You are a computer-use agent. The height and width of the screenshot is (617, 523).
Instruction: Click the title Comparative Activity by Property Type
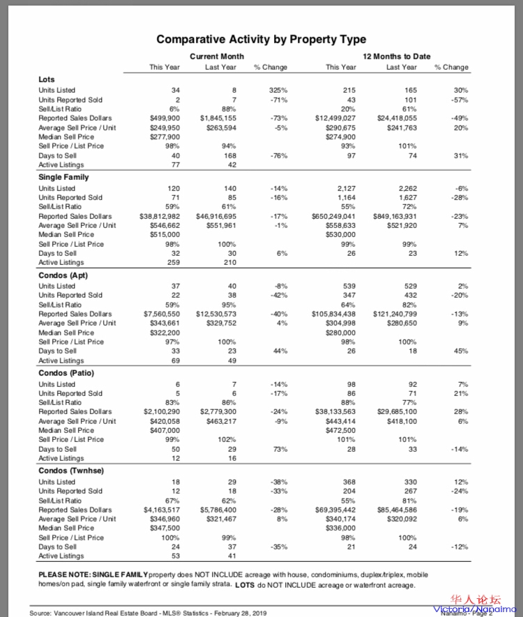pos(261,40)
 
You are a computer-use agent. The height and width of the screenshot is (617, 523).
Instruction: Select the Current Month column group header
pos(217,56)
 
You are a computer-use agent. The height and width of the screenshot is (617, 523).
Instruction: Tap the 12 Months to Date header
pos(396,56)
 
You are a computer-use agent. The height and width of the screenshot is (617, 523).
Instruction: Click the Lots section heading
pos(46,79)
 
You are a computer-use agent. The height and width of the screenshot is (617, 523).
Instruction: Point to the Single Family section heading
pos(63,177)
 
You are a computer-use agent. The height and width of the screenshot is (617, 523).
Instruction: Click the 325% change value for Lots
pos(278,91)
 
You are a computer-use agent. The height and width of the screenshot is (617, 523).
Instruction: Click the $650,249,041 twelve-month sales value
pos(333,217)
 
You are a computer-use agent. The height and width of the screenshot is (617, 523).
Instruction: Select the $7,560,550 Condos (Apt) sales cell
pos(162,314)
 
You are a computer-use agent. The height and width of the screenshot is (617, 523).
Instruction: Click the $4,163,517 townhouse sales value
pos(162,510)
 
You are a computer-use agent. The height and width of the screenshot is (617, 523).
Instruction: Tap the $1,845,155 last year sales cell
pos(218,119)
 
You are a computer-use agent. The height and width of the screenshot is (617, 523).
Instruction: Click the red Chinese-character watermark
pos(477,600)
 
